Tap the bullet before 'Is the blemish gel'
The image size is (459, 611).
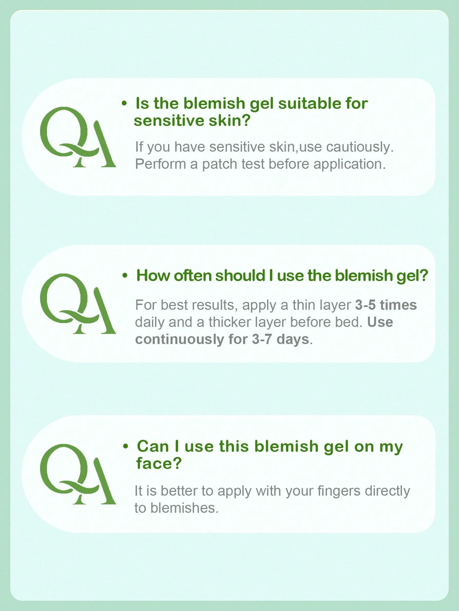(125, 103)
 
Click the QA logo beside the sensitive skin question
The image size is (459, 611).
(78, 137)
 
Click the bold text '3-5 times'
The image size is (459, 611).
(386, 305)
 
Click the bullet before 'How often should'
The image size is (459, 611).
(125, 275)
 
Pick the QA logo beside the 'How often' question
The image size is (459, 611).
(78, 304)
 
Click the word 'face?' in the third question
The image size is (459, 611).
(159, 463)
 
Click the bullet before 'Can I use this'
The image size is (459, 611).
(126, 446)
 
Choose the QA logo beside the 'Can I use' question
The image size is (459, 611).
(78, 474)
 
